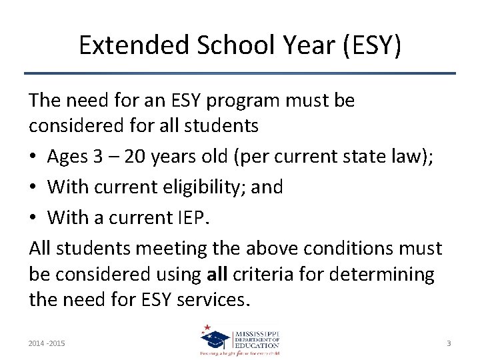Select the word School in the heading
coord(222,45)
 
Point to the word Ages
coord(68,157)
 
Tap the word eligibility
coord(203,187)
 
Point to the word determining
coord(388,274)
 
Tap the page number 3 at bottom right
coord(449,343)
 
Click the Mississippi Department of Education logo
coord(240,341)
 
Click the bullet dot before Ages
coord(33,157)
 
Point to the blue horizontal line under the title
coord(240,73)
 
